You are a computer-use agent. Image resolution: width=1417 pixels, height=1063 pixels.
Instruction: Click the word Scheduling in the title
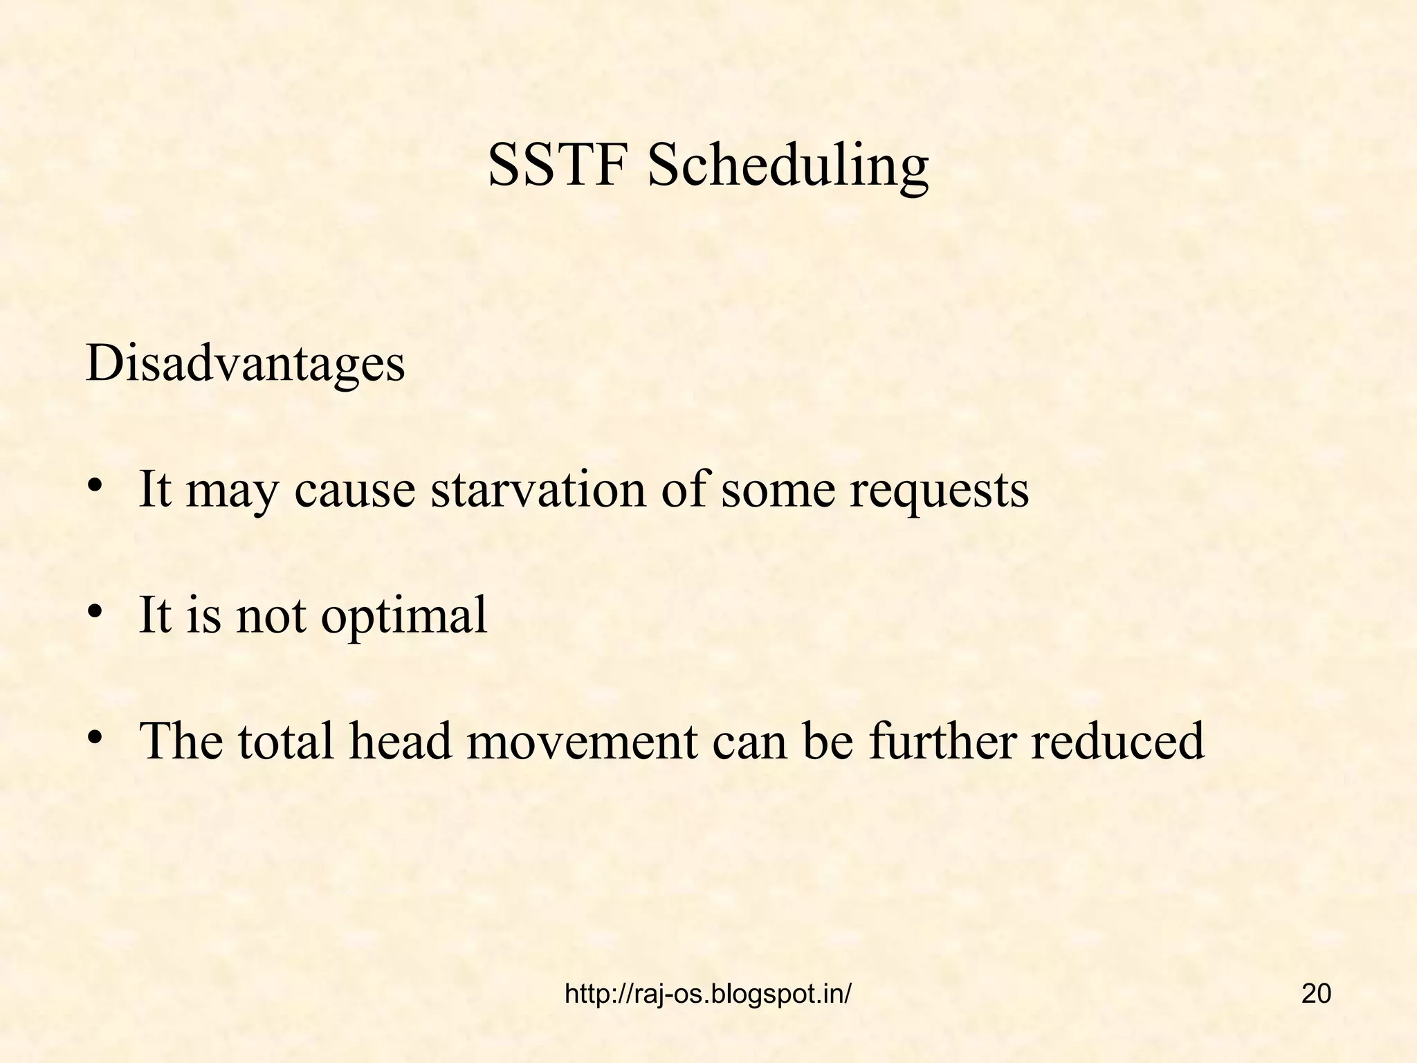tap(787, 168)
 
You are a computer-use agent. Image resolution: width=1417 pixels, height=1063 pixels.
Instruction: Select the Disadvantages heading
tap(245, 363)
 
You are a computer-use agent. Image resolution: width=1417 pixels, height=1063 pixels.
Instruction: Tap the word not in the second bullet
tap(271, 615)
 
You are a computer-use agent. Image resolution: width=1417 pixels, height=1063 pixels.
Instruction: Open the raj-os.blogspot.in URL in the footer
tap(708, 994)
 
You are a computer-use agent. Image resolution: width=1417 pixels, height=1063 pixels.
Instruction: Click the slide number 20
tap(1316, 994)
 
